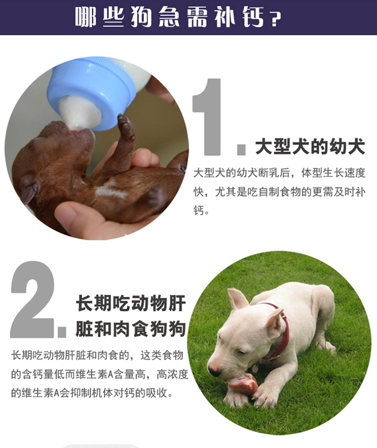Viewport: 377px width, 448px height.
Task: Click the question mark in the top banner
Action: (275, 19)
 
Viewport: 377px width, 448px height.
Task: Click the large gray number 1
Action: (207, 117)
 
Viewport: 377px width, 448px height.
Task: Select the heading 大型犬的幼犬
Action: (310, 146)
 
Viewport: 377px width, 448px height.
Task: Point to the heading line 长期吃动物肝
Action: (131, 303)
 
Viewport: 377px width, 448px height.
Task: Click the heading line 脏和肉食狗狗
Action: (131, 329)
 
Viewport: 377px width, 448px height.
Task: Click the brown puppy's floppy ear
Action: (30, 188)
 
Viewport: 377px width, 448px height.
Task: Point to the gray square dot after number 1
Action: (241, 150)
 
